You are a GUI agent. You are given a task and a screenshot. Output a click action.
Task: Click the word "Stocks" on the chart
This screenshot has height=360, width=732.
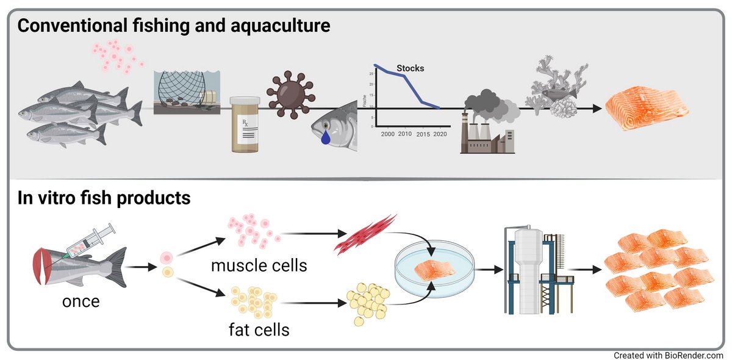(410, 68)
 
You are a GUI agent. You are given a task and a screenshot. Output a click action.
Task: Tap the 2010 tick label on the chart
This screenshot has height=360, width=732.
(405, 134)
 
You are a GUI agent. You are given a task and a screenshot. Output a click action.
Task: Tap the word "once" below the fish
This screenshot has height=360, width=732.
(81, 301)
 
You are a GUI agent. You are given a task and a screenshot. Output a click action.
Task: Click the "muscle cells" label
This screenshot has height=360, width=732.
(259, 266)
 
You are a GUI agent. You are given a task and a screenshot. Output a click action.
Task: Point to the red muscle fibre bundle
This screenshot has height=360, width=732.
(364, 234)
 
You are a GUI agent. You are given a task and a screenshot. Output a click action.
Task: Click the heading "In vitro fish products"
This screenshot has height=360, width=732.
(104, 198)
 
